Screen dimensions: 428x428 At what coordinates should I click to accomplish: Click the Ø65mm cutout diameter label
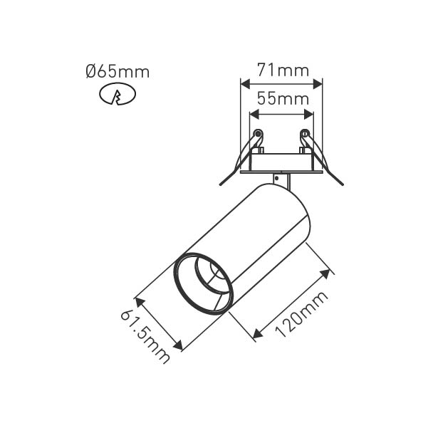coord(118,72)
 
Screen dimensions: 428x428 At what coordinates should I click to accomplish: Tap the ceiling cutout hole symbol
coord(118,93)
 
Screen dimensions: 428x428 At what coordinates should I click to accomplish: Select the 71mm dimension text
coord(283,70)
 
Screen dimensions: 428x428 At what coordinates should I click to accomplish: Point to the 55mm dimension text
coord(283,98)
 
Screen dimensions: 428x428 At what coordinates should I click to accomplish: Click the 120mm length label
coord(301,315)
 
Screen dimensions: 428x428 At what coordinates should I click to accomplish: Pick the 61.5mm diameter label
coord(145,337)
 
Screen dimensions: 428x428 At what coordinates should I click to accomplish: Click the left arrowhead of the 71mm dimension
coord(246,84)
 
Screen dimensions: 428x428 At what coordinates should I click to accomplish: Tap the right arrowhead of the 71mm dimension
coord(318,84)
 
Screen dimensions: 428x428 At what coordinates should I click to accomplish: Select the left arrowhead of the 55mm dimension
coord(254,115)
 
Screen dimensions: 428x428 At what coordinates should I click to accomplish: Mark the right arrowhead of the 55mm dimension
coord(309,115)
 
